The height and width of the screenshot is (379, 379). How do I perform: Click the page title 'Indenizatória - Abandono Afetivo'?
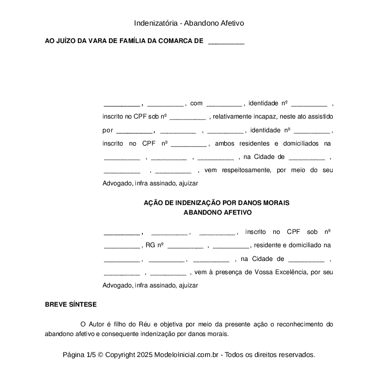[x=189, y=23]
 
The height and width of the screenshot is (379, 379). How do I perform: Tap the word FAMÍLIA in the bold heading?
[x=132, y=41]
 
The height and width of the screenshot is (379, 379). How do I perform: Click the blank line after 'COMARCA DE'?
[x=226, y=43]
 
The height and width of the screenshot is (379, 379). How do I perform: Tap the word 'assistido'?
[x=320, y=117]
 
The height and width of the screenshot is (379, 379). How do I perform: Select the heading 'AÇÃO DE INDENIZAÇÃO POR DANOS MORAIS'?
[x=217, y=203]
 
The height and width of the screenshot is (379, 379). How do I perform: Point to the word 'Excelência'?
[x=292, y=272]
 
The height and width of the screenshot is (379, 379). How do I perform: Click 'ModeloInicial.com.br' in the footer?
[x=189, y=355]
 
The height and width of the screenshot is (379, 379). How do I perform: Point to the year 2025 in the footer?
[x=144, y=355]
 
